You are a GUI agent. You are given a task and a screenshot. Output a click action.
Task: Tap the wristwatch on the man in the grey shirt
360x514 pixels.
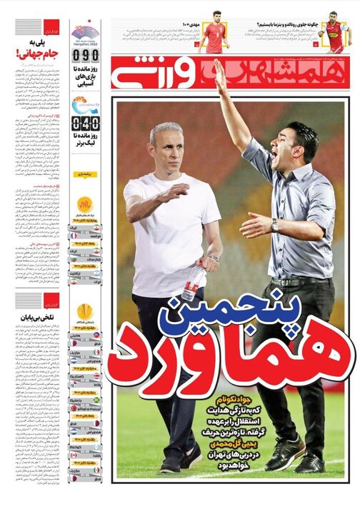275,225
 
